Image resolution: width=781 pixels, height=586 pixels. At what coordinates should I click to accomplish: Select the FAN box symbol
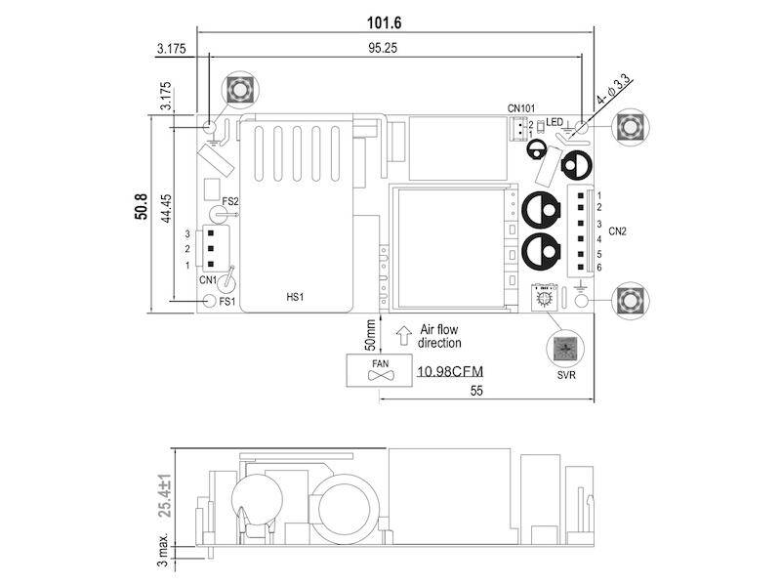pos(380,369)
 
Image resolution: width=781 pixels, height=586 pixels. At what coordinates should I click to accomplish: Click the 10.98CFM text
pos(452,372)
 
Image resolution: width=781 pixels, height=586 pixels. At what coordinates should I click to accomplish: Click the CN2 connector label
pos(617,231)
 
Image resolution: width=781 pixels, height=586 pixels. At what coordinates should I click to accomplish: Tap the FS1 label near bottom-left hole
pos(226,301)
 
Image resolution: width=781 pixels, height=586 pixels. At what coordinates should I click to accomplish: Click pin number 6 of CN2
pos(598,267)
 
